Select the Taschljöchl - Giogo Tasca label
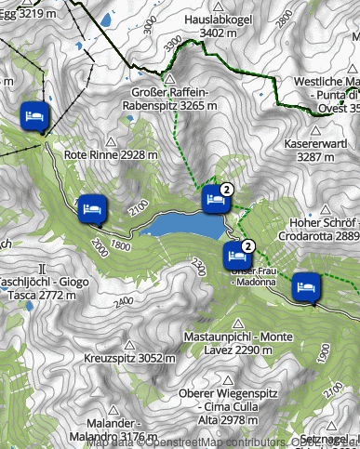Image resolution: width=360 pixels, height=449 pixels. [x=31, y=288]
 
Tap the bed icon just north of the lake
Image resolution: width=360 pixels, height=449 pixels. [x=214, y=198]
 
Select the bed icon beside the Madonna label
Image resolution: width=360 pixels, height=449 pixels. [x=236, y=254]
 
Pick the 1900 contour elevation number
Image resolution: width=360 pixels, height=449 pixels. [x=323, y=354]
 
